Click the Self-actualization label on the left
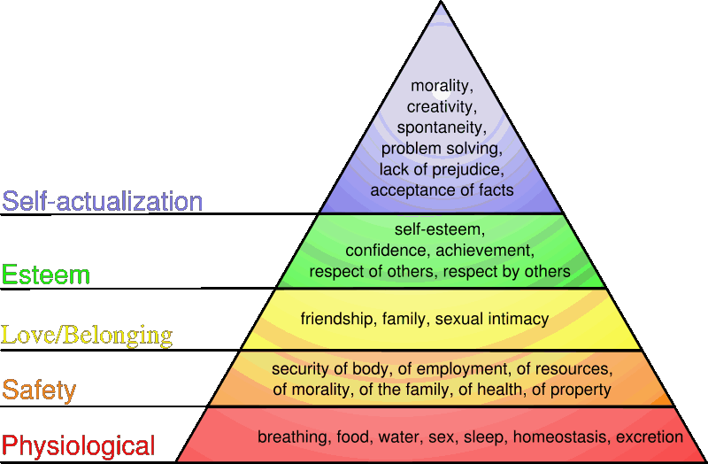103,201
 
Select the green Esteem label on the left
46,275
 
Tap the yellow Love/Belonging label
87,335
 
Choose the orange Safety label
39,390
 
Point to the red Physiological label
79,445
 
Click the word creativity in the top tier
442,106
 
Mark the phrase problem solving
442,148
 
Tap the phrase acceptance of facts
442,189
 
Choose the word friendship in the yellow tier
335,319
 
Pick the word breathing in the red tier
289,437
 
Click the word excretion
650,437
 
